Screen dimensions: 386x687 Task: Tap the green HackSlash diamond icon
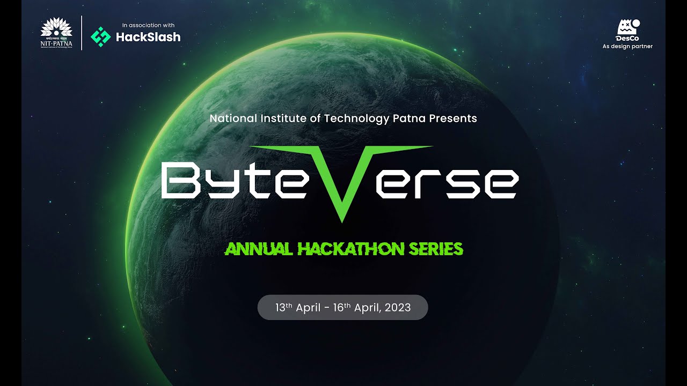click(100, 36)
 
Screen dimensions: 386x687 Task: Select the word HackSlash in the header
click(149, 37)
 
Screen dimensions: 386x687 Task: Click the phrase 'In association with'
click(148, 25)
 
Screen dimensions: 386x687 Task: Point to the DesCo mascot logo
click(627, 28)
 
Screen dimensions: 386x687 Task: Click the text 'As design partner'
click(627, 47)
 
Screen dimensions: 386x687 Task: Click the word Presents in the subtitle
click(455, 118)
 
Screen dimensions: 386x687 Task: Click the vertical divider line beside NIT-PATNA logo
click(82, 33)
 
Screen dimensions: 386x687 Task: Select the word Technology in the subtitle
click(355, 118)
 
